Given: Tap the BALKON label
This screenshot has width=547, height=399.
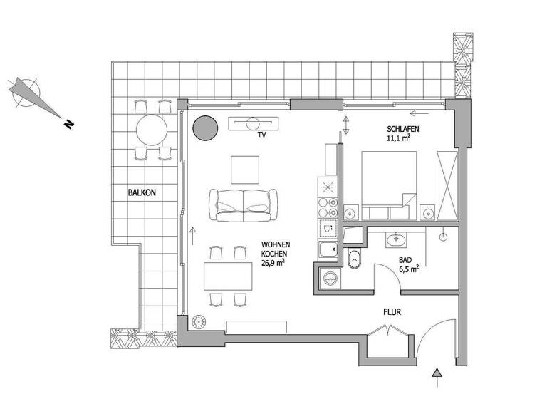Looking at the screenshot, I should tap(142, 192).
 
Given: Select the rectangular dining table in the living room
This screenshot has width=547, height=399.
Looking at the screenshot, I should tap(227, 276).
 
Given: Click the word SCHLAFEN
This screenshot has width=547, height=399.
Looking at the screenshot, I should tap(402, 128).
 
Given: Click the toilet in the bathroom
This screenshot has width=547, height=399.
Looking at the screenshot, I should tap(354, 260).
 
